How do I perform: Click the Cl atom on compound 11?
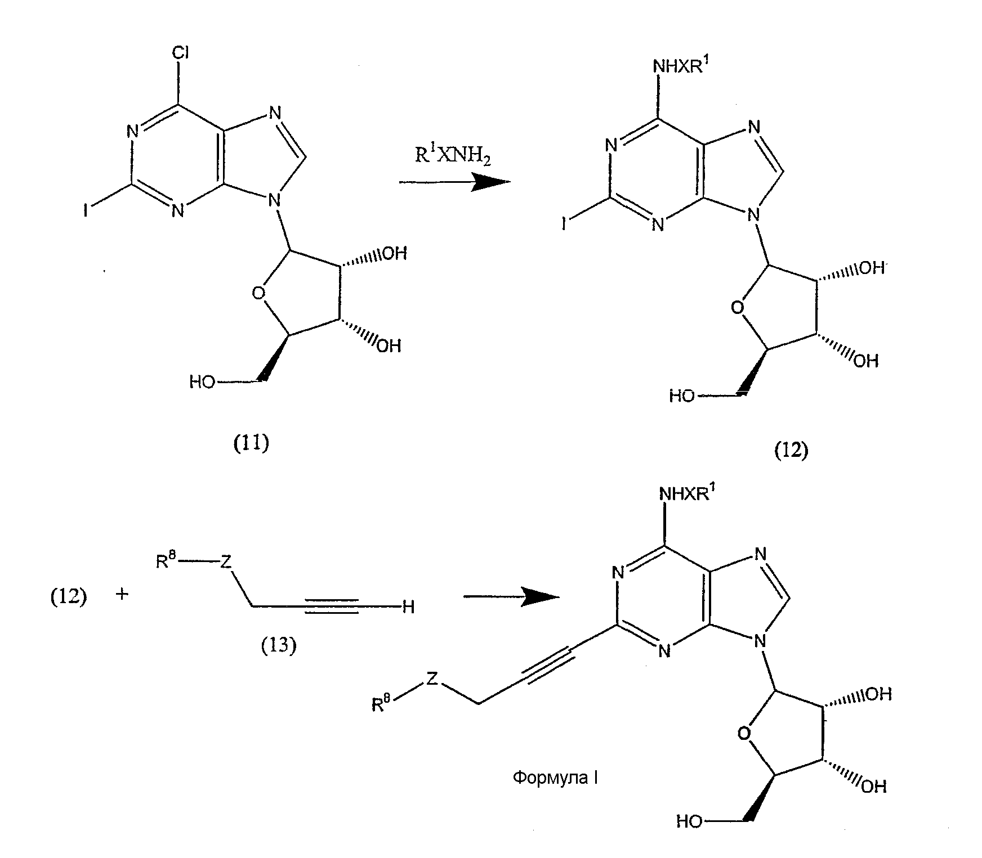[x=180, y=52]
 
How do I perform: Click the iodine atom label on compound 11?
[x=85, y=211]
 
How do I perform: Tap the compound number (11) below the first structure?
[x=251, y=444]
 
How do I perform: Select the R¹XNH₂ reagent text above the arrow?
[x=453, y=156]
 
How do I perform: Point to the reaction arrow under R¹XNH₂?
[x=455, y=182]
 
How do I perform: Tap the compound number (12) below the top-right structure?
[x=791, y=450]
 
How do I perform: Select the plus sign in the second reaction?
[x=122, y=594]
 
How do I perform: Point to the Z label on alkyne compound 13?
[x=226, y=561]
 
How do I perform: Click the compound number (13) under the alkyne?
[x=279, y=646]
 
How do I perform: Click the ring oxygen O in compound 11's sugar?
[x=258, y=293]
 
